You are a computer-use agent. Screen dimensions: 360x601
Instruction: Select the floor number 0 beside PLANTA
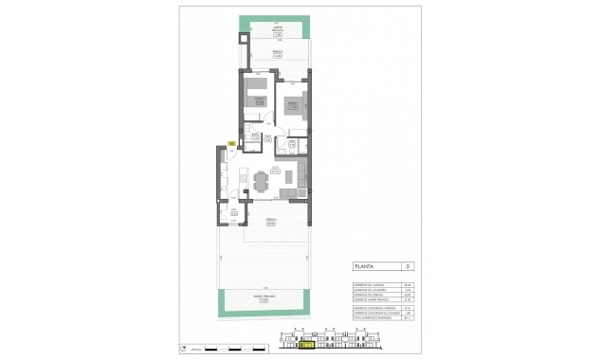407,266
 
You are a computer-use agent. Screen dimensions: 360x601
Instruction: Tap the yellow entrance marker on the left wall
231,145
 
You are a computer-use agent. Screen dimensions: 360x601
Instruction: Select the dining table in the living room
260,180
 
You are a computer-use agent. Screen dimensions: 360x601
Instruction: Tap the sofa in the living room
301,177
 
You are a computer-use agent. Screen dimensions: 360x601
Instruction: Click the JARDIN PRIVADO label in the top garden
277,33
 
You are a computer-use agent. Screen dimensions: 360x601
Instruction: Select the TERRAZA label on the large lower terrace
271,224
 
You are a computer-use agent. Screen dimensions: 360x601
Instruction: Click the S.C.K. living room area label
275,171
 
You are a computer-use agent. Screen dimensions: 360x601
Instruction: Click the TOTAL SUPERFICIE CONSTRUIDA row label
370,318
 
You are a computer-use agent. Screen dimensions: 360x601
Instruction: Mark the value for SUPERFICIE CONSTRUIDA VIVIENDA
407,308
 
